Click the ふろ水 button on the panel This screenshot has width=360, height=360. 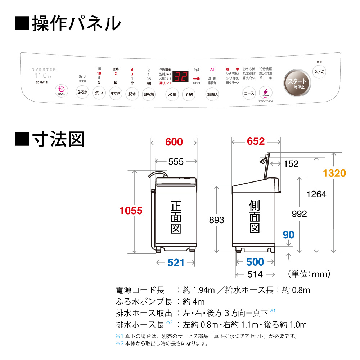pos(82,93)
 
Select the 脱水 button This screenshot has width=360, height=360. pos(132,94)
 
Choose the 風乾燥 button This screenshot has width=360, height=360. pos(149,94)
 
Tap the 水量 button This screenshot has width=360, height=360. pos(172,94)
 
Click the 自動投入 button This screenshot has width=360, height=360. pos(212,94)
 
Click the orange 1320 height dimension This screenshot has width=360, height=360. pos(334,173)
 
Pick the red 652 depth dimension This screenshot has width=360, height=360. pos(256,141)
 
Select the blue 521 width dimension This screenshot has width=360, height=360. pos(176,263)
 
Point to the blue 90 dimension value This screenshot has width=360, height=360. pos(288,235)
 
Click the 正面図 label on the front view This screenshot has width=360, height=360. pos(176,217)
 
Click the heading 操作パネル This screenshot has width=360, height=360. pos(68,23)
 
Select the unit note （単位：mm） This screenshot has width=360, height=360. pos(309,274)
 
